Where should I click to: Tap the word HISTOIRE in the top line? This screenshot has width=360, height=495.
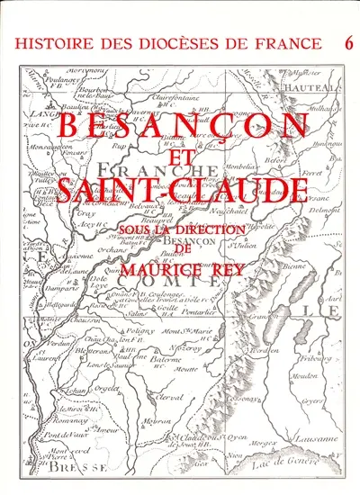pos(56,43)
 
